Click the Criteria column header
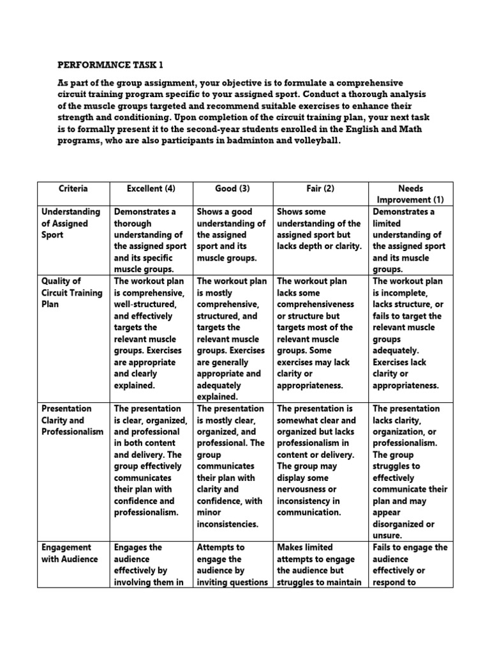pyautogui.click(x=73, y=189)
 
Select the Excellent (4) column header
pyautogui.click(x=151, y=189)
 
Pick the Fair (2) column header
pyautogui.click(x=320, y=189)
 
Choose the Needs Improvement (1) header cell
pyautogui.click(x=410, y=194)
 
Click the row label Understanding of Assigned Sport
pyautogui.click(x=71, y=224)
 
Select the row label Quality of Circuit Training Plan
pyautogui.click(x=71, y=293)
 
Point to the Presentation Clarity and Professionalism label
pyautogui.click(x=72, y=420)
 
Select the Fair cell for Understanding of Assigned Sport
pyautogui.click(x=320, y=229)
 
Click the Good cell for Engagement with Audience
pyautogui.click(x=232, y=565)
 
